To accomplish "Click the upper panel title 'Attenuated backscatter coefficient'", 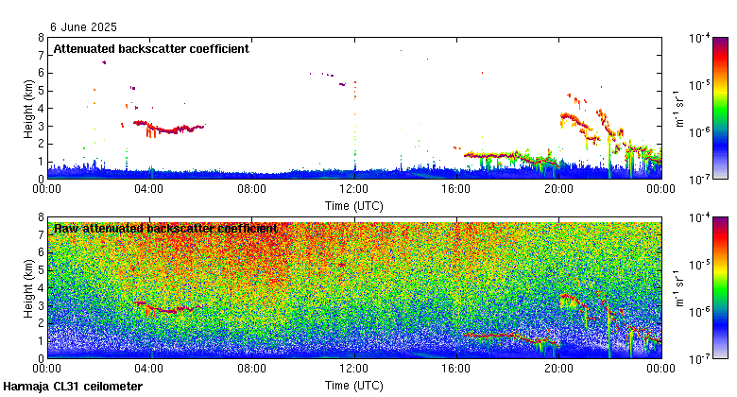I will point(151,48).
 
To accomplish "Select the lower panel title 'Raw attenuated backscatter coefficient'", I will point(165,229).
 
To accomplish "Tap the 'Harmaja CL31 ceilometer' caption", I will point(73,387).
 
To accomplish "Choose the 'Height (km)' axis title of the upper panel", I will point(28,108).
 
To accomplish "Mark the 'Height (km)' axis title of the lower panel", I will point(28,287).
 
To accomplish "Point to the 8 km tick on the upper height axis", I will point(41,38).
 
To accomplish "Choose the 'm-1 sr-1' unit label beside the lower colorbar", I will point(680,287).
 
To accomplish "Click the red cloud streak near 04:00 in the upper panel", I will point(165,127).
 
